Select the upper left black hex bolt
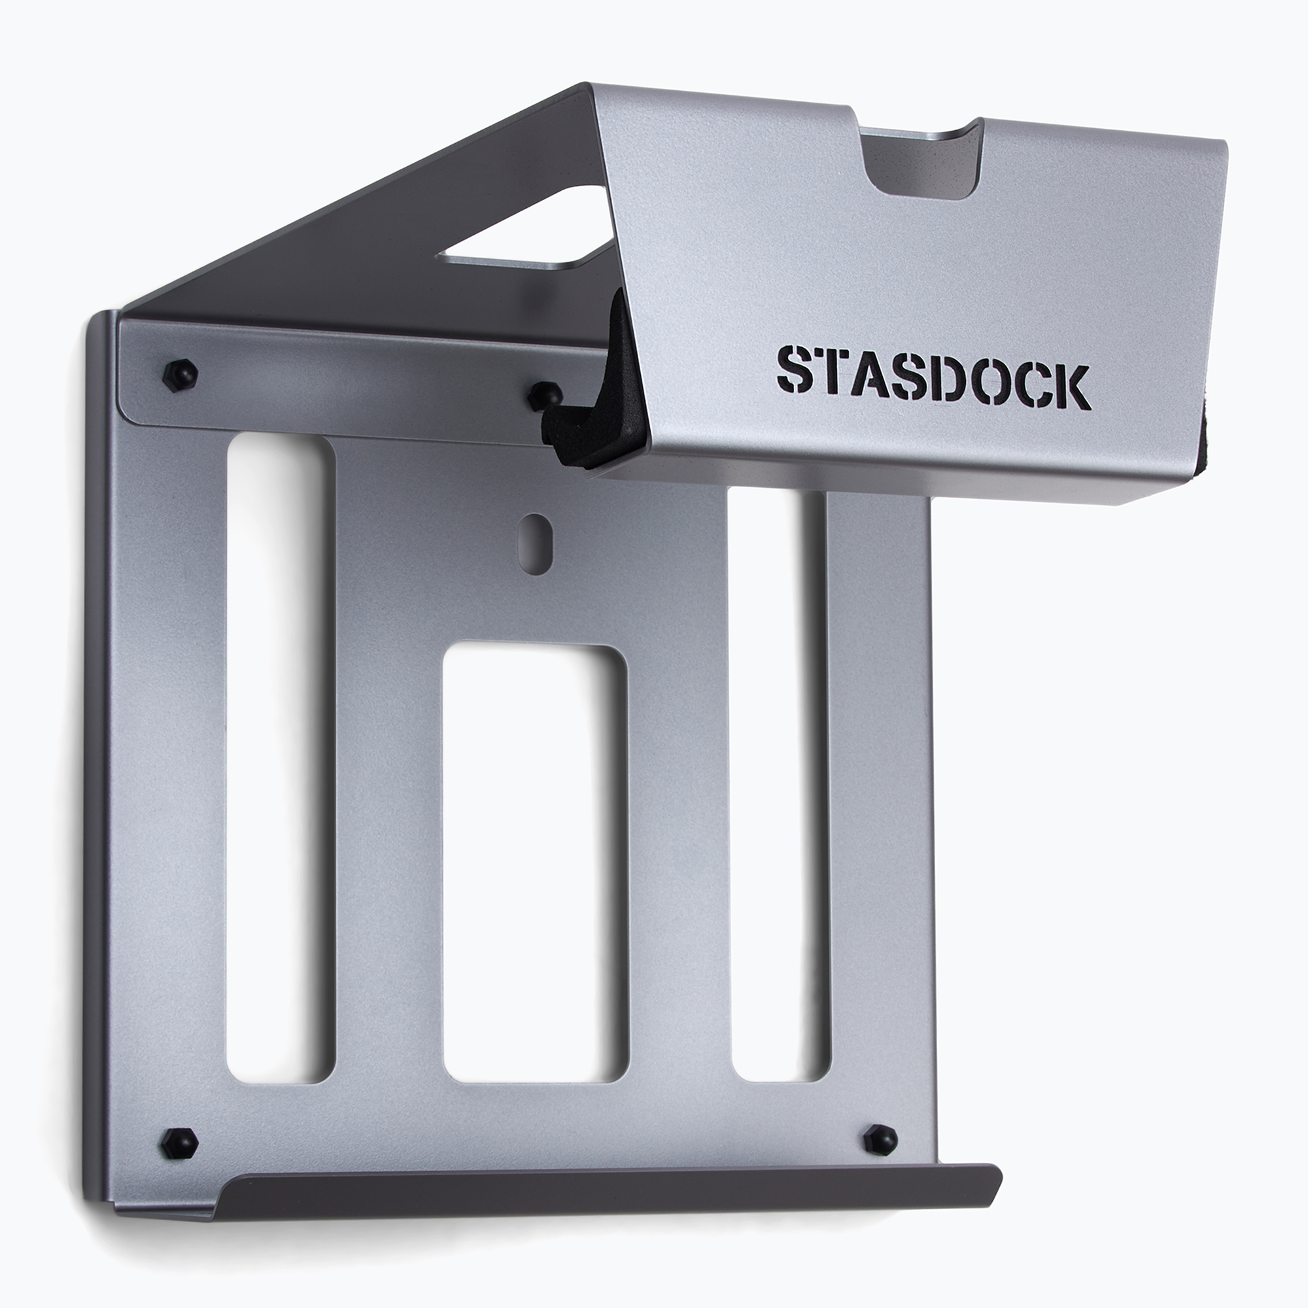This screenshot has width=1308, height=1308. pos(180,373)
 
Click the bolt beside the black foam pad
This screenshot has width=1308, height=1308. pos(545,396)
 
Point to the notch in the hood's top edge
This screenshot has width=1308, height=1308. pos(921,162)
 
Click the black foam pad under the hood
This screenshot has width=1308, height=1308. pos(596,400)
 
